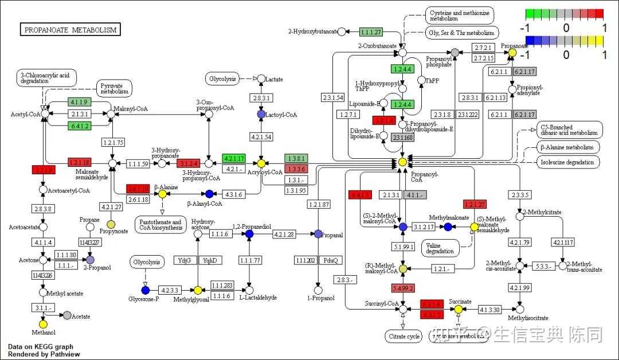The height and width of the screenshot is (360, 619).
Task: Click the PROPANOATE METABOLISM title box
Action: tap(70, 29)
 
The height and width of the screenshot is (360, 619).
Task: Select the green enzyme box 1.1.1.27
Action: tap(370, 32)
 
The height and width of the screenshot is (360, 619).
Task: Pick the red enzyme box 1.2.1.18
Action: tap(80, 163)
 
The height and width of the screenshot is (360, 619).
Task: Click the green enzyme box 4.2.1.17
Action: tap(234, 158)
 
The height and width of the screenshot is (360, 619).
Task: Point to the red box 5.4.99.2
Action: tap(403, 288)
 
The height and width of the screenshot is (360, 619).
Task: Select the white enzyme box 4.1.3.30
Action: tap(489, 310)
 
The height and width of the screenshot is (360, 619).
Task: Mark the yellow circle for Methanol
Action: tap(43, 323)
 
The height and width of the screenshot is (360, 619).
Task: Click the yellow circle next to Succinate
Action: tap(459, 310)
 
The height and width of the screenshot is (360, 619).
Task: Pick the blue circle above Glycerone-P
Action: tap(146, 290)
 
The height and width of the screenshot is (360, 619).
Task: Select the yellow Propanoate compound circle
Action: tap(512, 53)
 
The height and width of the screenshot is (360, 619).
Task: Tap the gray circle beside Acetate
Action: tap(68, 315)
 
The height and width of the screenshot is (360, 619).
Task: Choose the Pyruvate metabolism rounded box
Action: tap(113, 88)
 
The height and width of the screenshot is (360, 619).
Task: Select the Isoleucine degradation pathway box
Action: tap(568, 162)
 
